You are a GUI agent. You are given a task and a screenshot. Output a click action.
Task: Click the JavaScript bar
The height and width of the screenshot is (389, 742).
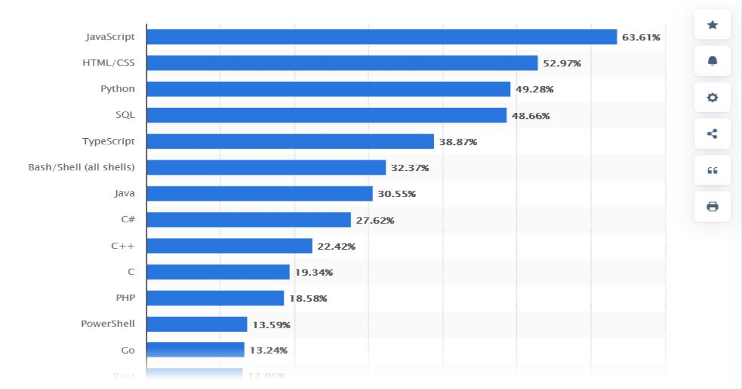[x=382, y=37]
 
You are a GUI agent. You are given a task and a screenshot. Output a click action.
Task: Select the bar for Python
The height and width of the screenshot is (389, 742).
[x=328, y=89]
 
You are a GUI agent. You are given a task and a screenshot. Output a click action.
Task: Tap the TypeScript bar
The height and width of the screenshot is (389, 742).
[x=290, y=141]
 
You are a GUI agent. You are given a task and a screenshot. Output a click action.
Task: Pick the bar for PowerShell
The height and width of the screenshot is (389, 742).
[x=197, y=324]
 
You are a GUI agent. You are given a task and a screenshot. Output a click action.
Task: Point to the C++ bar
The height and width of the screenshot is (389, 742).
[x=229, y=246]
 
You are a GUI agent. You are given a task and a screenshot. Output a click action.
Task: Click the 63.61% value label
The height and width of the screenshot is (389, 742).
[x=641, y=37]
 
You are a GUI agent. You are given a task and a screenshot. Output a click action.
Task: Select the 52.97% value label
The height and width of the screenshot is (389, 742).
[x=561, y=63]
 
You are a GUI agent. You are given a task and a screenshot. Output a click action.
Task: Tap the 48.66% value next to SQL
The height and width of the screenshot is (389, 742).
[x=531, y=116]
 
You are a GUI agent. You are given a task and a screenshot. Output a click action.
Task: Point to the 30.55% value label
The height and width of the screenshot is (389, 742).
[x=396, y=194]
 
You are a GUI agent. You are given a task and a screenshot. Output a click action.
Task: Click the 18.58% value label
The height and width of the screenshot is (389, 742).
[x=308, y=299]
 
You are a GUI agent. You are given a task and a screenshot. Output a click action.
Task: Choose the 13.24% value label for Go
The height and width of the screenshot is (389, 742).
[x=268, y=351]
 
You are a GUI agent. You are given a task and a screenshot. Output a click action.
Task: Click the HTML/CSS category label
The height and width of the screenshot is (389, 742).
[x=108, y=63]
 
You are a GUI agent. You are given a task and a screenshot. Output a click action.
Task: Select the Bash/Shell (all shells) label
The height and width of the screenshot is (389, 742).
[x=82, y=167]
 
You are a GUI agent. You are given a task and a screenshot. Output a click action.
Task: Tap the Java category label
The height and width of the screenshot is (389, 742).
[x=124, y=193]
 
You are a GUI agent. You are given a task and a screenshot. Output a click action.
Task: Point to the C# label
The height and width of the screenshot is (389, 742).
[x=128, y=219]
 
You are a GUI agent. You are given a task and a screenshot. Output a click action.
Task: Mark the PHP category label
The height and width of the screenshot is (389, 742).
[x=126, y=298]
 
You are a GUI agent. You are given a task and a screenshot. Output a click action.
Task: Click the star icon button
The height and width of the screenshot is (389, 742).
[x=712, y=25]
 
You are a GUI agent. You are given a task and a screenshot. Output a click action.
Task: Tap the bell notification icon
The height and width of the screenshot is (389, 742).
[x=712, y=61]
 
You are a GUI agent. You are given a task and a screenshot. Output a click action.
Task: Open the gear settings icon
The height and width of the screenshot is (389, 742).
[x=712, y=97]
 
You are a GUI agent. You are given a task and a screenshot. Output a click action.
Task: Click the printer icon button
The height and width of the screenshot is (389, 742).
[x=712, y=206]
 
